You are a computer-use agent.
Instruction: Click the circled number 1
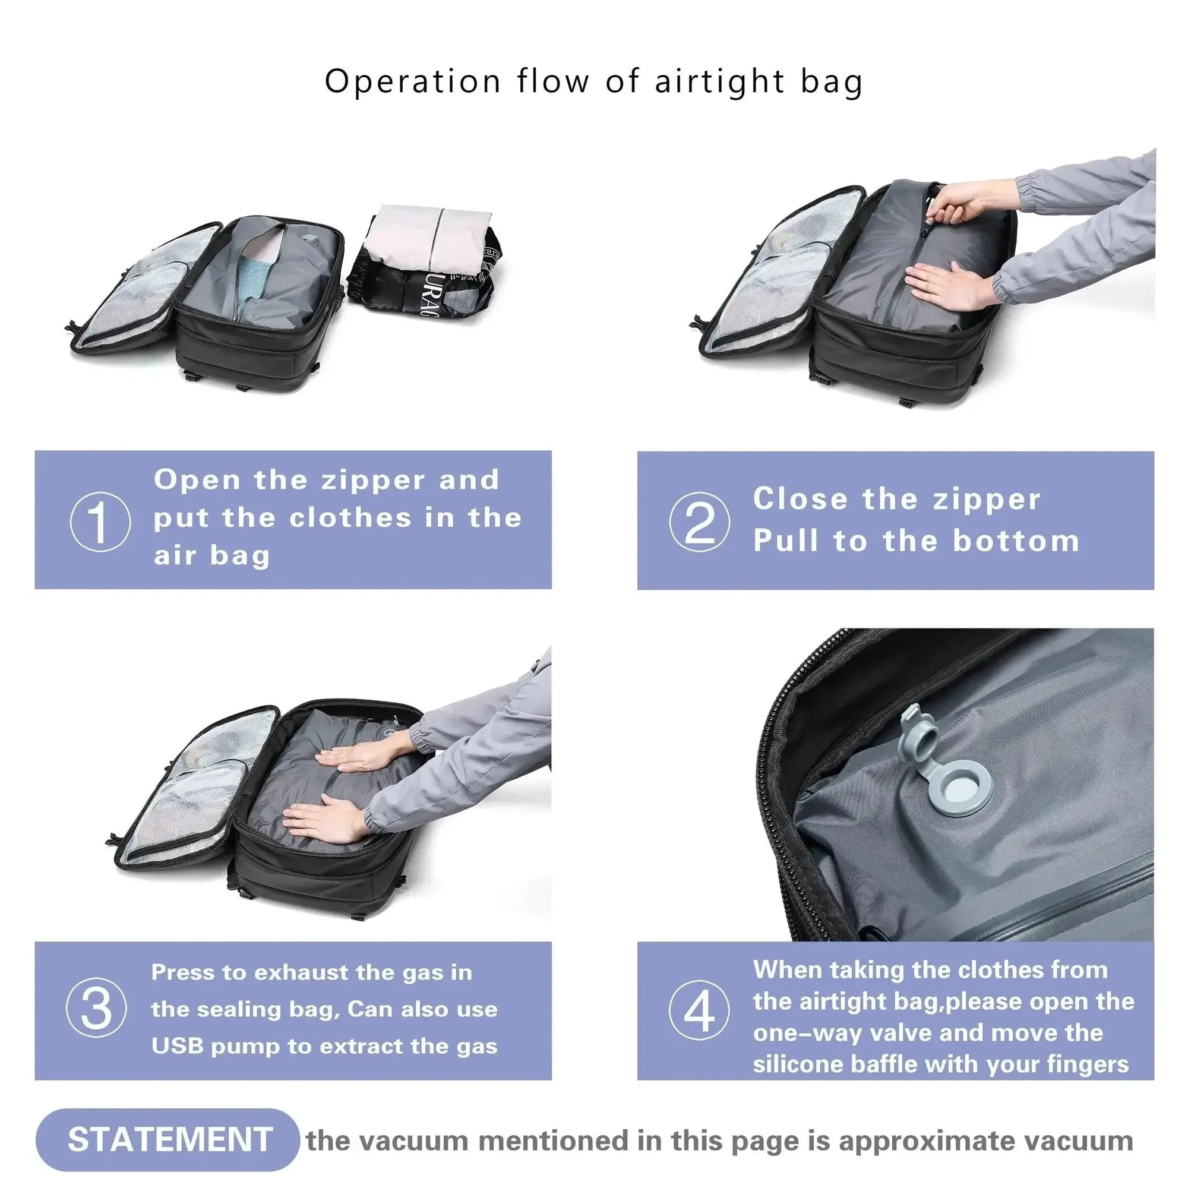coord(100,522)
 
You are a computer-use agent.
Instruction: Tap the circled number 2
coord(700,522)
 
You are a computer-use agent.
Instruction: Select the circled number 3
coord(97,1009)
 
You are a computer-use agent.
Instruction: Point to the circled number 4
coord(699,1010)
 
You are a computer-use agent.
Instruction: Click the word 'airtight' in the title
coord(719,82)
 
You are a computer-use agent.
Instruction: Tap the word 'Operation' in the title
coord(413,82)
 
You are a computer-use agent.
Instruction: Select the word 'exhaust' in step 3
coord(301,973)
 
